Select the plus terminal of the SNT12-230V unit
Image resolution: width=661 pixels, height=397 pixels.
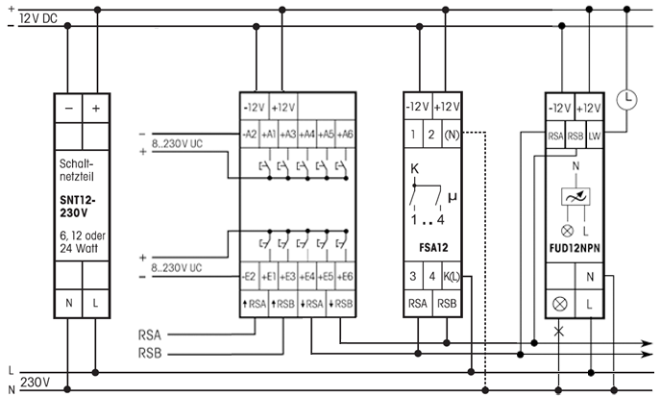pos(95,109)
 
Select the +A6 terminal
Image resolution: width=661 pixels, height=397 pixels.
pos(346,134)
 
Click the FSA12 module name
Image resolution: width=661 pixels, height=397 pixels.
pos(431,246)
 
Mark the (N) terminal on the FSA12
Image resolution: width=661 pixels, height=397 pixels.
pos(452,135)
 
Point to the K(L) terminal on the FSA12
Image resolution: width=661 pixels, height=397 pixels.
pos(452,278)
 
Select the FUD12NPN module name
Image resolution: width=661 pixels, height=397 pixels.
pos(575,247)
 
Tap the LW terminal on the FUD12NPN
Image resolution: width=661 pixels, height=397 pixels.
pos(596,135)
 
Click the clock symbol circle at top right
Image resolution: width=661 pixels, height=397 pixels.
pos(626,97)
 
